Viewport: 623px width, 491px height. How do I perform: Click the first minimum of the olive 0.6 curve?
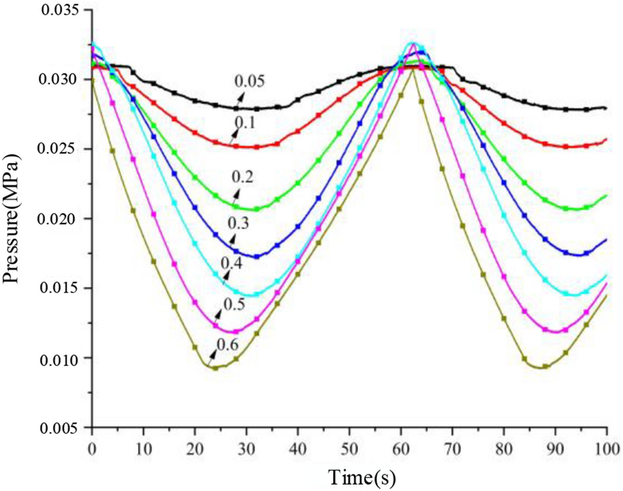tap(216, 367)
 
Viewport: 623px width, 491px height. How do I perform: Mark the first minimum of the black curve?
tap(247, 109)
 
